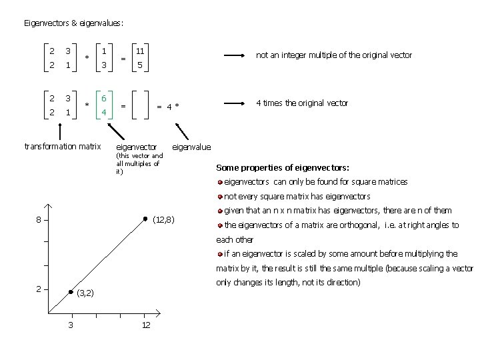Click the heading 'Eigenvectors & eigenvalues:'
tap(73, 23)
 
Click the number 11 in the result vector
tap(141, 51)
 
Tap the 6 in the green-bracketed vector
tap(103, 97)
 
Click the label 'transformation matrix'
tap(62, 146)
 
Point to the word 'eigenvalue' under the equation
tap(191, 147)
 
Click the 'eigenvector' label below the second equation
tap(137, 147)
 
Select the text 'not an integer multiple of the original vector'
tap(334, 55)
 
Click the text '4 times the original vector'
tap(303, 103)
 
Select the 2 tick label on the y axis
tap(39, 289)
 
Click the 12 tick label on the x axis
tap(145, 325)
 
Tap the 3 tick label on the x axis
tap(71, 325)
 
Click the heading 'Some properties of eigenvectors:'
tap(283, 167)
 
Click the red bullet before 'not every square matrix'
tap(220, 197)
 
